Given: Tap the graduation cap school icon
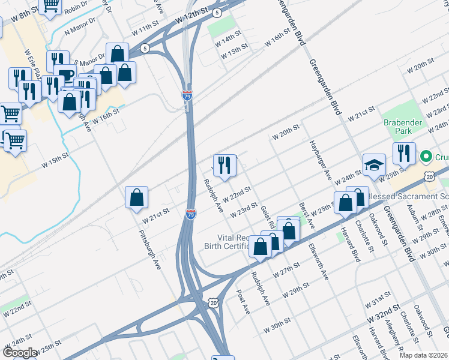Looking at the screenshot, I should pos(374,165).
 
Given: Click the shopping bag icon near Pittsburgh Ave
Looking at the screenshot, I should pos(137,197).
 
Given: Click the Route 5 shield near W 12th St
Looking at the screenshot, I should pos(217,12).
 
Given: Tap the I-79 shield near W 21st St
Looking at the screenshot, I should pos(190,214).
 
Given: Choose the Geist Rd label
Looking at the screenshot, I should pos(268,217).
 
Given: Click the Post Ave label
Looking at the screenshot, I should pos(243,303).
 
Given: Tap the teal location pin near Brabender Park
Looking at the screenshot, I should pos(426,158).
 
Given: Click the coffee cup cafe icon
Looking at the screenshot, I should pos(65,74).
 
